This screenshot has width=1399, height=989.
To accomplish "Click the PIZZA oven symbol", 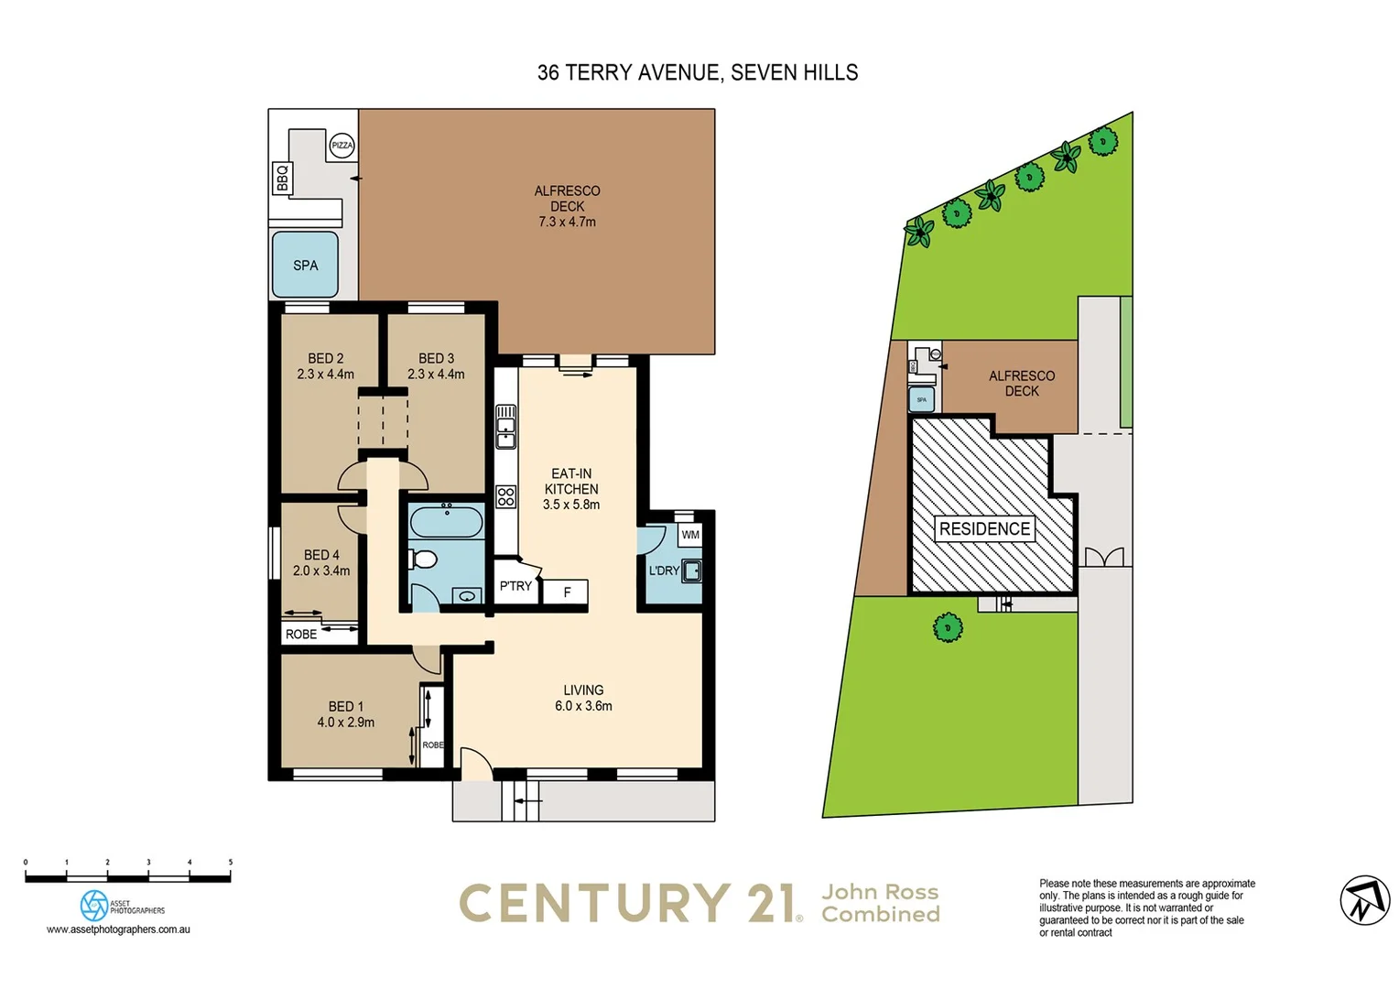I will [x=342, y=146].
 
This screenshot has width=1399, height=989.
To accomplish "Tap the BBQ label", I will [x=282, y=178].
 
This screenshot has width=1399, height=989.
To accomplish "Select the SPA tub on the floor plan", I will [x=305, y=265].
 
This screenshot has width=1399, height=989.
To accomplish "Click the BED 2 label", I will [x=325, y=358].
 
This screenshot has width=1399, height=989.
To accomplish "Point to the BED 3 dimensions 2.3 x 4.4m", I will [x=436, y=375].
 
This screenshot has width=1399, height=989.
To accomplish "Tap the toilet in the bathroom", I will [x=424, y=558].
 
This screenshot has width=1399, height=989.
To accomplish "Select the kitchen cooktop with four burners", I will [x=506, y=496].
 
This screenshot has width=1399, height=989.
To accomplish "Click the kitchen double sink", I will [x=505, y=427].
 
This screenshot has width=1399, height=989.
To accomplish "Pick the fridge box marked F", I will [x=566, y=592].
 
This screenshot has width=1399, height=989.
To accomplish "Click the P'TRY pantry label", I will [x=515, y=586].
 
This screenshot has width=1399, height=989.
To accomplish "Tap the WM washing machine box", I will [x=690, y=535].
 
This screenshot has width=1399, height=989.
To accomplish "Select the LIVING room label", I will [x=583, y=690].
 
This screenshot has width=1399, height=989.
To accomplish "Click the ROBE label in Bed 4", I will [x=301, y=634].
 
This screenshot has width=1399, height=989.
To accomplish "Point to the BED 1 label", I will [x=345, y=706].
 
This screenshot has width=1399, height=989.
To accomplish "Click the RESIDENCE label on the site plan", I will [x=984, y=528].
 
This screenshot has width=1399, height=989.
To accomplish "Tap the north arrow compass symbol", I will [x=1364, y=899].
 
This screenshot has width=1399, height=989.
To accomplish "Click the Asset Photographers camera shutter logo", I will [x=93, y=906].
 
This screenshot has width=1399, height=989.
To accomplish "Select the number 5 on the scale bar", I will [x=231, y=863].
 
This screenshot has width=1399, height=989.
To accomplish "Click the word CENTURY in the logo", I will [x=595, y=903].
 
